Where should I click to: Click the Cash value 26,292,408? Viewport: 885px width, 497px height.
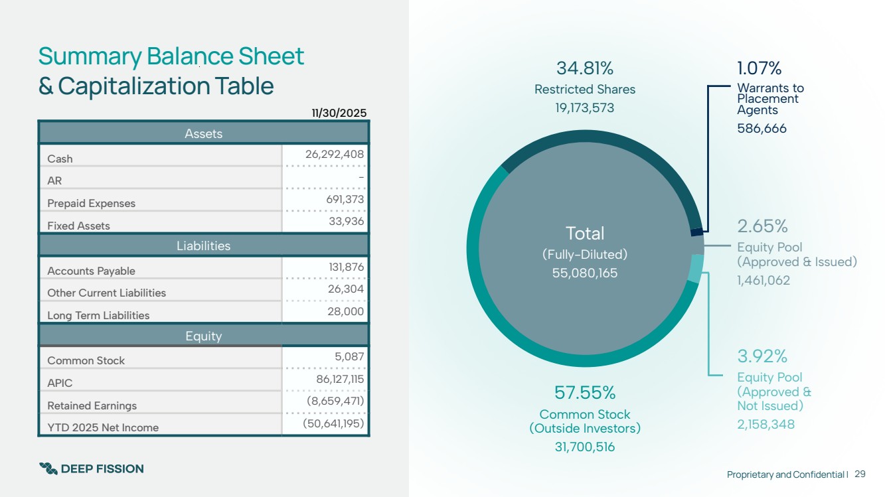pyautogui.click(x=335, y=155)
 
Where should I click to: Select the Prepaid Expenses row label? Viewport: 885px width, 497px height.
pyautogui.click(x=91, y=203)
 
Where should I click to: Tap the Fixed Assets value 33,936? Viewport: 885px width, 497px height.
pyautogui.click(x=347, y=221)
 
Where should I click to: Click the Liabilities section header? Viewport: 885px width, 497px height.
pyautogui.click(x=203, y=246)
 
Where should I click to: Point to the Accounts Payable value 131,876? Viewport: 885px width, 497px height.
pyautogui.click(x=346, y=267)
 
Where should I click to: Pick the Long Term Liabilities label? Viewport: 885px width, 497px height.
pyautogui.click(x=98, y=315)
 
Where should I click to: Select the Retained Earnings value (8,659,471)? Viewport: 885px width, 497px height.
pyautogui.click(x=335, y=401)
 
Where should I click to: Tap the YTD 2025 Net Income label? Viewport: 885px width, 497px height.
pyautogui.click(x=103, y=427)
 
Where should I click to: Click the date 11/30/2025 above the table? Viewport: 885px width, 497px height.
pyautogui.click(x=339, y=113)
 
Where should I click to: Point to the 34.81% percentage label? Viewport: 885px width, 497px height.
pyautogui.click(x=584, y=68)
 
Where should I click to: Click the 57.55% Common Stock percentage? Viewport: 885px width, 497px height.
pyautogui.click(x=584, y=392)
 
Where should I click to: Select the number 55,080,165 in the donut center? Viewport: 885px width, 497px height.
pyautogui.click(x=584, y=273)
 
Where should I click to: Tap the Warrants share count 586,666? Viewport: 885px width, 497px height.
pyautogui.click(x=762, y=129)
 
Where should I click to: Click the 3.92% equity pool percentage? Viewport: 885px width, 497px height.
pyautogui.click(x=762, y=356)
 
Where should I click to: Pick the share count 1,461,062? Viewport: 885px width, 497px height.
pyautogui.click(x=764, y=281)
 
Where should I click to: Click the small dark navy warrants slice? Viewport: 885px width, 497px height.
pyautogui.click(x=697, y=232)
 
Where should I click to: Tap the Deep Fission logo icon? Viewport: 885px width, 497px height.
pyautogui.click(x=48, y=468)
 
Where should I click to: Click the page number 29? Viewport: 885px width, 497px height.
pyautogui.click(x=860, y=474)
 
